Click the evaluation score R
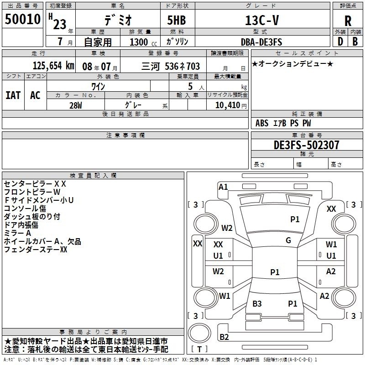click(348, 21)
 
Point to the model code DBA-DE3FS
click(261, 42)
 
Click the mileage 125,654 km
click(53, 66)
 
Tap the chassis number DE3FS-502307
click(306, 145)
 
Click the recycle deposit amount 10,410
click(226, 106)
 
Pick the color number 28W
click(76, 105)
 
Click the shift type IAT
click(13, 95)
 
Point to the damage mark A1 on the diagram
click(223, 187)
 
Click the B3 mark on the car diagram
click(257, 303)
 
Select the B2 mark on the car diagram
click(224, 337)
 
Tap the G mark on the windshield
click(288, 240)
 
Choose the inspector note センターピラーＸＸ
click(35, 184)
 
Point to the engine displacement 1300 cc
click(141, 42)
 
